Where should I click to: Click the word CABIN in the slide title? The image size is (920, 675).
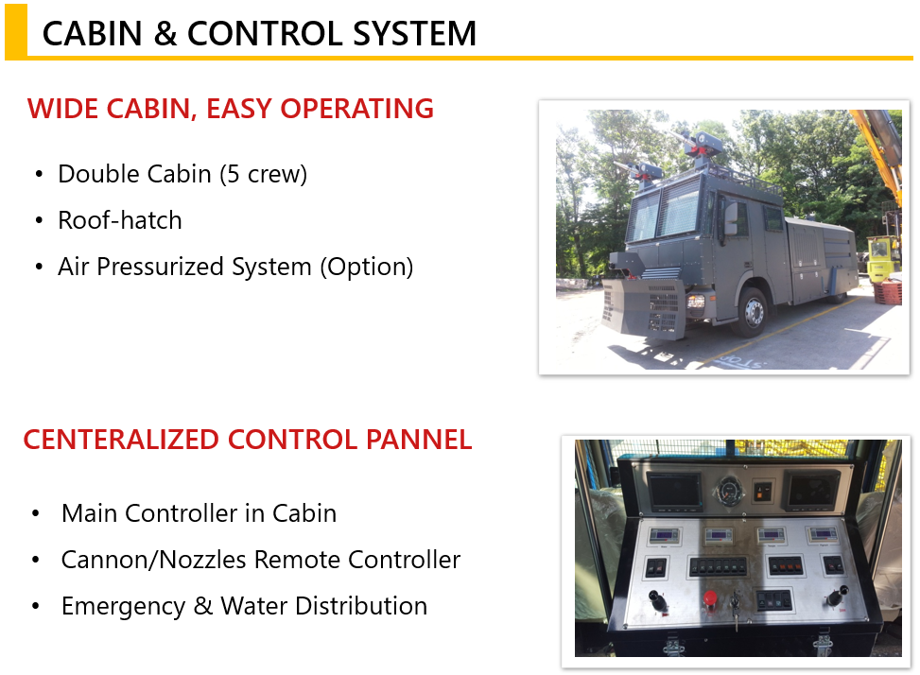93,33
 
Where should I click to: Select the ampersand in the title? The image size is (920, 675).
165,33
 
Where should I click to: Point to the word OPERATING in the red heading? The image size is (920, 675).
356,109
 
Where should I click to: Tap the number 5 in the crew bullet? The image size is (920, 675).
233,174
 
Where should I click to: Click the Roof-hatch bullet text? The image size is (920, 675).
120,220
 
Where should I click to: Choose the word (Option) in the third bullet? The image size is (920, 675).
367,267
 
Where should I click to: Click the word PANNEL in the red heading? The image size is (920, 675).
419,440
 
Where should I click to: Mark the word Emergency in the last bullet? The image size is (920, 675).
123,606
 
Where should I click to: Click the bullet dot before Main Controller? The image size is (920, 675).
36,513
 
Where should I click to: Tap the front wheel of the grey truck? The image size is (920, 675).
753,312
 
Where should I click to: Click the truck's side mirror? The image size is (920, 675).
731,218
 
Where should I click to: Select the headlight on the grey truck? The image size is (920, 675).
696,302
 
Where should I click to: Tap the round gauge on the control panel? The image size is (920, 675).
728,491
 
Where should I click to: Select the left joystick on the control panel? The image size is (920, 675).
657,602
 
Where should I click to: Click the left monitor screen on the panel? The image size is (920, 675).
675,490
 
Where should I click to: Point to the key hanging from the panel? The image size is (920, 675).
736,610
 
